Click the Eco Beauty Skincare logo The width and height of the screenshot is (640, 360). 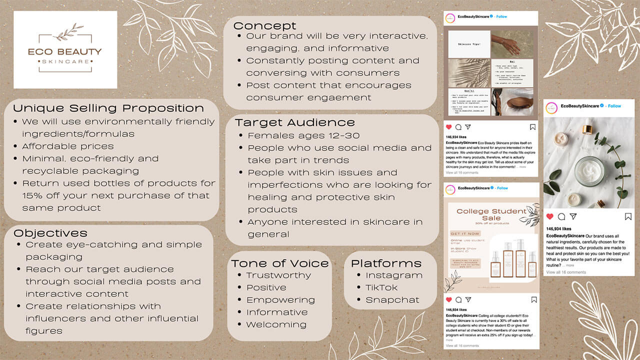(65, 50)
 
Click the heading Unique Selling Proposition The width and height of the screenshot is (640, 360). (108, 108)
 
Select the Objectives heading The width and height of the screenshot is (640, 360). (50, 233)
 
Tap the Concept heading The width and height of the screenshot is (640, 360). (264, 26)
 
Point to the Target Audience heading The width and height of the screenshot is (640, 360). (294, 122)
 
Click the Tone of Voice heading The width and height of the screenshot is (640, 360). (280, 263)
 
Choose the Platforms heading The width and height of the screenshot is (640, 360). (386, 263)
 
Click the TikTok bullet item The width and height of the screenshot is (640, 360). (381, 287)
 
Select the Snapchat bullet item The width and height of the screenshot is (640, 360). (392, 300)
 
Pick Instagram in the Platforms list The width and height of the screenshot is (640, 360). (393, 275)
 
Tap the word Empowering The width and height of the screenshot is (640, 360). (280, 300)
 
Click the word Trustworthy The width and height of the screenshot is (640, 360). (278, 275)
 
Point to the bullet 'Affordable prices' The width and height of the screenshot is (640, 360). (67, 146)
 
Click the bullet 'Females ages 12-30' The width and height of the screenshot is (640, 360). (303, 135)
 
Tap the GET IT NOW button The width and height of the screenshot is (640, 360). (465, 233)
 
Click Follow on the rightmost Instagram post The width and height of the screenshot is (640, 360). (614, 106)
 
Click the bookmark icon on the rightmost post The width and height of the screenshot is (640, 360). (628, 216)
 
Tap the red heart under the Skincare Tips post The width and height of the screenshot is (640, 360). (448, 127)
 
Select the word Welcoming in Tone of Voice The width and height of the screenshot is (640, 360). (276, 324)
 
